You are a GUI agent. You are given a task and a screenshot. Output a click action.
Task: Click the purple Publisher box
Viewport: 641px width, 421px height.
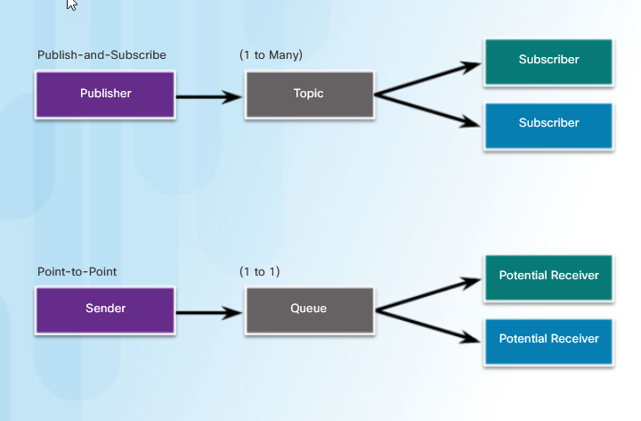click(105, 95)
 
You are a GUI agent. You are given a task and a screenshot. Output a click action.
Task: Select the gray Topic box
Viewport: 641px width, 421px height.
click(310, 95)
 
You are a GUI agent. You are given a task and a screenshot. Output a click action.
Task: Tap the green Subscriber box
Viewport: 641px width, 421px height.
click(548, 62)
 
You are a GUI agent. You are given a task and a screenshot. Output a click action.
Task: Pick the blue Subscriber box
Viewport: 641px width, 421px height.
click(548, 126)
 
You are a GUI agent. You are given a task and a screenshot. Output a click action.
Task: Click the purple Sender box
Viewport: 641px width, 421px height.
click(105, 310)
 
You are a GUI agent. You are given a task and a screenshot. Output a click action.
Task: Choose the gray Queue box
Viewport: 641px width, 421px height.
click(310, 310)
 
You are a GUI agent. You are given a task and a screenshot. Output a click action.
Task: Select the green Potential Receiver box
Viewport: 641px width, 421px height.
click(548, 278)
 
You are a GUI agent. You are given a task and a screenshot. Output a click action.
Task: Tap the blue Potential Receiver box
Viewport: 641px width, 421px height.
click(548, 342)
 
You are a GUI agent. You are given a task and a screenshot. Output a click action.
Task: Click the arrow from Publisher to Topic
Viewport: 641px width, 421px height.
click(209, 97)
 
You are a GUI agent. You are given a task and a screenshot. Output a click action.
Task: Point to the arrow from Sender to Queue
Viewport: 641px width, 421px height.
click(209, 313)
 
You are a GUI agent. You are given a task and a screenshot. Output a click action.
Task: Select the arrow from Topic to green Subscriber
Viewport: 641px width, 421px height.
click(427, 78)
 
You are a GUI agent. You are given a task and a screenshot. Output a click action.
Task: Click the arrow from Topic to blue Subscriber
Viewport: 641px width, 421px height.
click(427, 111)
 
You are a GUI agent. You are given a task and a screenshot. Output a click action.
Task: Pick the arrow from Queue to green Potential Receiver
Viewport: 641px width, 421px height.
click(428, 294)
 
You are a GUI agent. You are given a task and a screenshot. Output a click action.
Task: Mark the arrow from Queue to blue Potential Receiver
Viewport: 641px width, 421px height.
click(428, 326)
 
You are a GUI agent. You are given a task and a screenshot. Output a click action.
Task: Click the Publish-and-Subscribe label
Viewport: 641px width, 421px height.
click(101, 55)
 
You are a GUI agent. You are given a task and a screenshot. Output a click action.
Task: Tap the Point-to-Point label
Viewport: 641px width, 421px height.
click(77, 271)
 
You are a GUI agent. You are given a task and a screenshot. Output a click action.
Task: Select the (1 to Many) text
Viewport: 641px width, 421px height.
click(271, 55)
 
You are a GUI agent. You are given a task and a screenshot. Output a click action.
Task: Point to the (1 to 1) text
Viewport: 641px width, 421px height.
click(260, 271)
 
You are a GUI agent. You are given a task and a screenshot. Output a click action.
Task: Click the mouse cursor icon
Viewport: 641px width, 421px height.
click(71, 4)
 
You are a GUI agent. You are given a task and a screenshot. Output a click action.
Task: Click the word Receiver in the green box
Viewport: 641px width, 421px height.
click(575, 276)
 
